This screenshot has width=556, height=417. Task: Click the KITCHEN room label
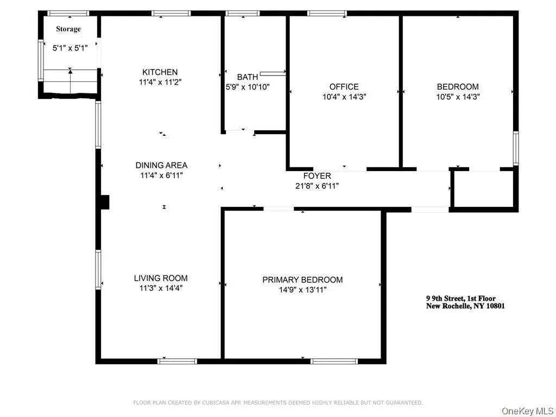tap(160, 72)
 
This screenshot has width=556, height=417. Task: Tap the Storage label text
tap(68, 29)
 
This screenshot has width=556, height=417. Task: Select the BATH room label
tap(247, 77)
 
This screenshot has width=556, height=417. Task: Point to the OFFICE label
tap(344, 87)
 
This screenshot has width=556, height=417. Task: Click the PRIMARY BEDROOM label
tap(302, 280)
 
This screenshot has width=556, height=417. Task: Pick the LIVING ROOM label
tap(161, 279)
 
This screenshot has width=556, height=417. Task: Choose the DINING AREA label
tap(161, 166)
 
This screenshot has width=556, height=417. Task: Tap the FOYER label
tap(317, 176)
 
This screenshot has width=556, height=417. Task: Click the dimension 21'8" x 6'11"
tap(317, 186)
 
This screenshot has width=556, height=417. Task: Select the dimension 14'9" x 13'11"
tap(302, 290)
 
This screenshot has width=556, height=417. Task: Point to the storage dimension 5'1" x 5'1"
tap(69, 48)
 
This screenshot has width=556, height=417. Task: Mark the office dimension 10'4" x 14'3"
tap(344, 97)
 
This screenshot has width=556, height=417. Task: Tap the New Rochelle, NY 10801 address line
tap(465, 306)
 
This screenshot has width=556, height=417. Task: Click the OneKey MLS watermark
tap(527, 410)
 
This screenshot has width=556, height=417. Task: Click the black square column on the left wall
tap(105, 202)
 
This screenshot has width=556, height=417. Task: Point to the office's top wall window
tap(327, 13)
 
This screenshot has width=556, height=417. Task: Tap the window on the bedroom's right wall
tap(515, 148)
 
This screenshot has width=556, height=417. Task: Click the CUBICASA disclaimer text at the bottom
tap(278, 402)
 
